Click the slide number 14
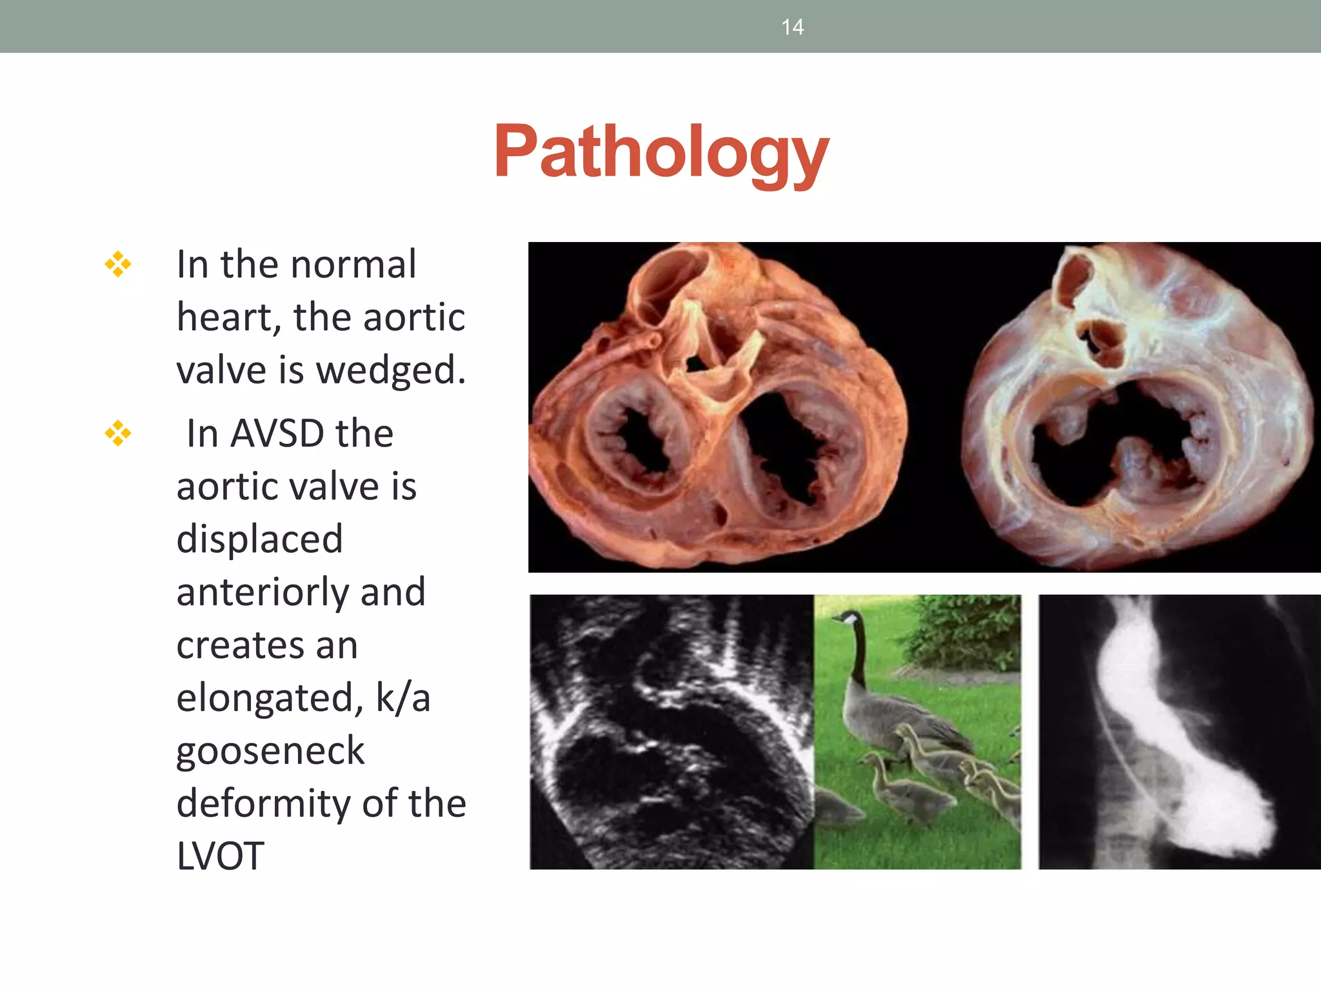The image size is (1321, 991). [792, 27]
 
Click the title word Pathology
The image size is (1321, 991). [661, 152]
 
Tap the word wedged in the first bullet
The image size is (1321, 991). [390, 370]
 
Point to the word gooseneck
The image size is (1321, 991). [270, 751]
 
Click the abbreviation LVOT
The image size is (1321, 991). [220, 856]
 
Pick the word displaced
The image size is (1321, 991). [259, 539]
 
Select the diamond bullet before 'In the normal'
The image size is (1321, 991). [118, 265]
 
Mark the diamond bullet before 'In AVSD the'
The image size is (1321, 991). [118, 434]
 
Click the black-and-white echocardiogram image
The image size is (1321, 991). [671, 732]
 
